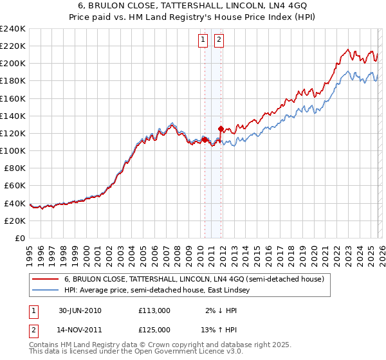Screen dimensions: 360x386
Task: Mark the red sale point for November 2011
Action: [221, 129]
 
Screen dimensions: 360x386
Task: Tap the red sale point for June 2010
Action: [205, 139]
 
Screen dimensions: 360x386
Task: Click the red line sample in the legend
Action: [45, 279]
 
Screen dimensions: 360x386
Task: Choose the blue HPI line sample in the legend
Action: [45, 290]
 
